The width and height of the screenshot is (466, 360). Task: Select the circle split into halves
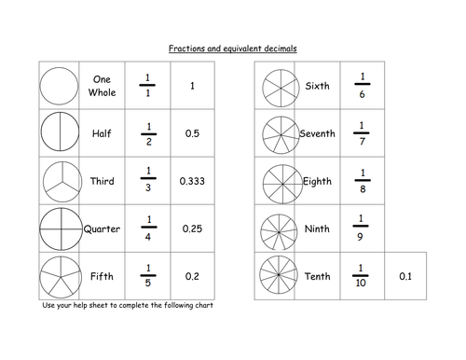(59, 134)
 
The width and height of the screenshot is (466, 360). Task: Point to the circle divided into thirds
(59, 182)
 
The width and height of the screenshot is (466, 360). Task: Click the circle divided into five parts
(59, 277)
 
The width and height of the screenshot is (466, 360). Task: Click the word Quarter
(102, 229)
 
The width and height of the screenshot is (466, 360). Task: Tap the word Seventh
(317, 134)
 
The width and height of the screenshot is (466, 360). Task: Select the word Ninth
(317, 229)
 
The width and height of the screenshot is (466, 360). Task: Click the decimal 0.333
(192, 182)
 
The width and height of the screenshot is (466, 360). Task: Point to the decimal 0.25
(192, 229)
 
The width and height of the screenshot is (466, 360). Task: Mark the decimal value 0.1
(404, 277)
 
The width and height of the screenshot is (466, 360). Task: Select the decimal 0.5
(192, 134)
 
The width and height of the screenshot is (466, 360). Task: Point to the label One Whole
(102, 87)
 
